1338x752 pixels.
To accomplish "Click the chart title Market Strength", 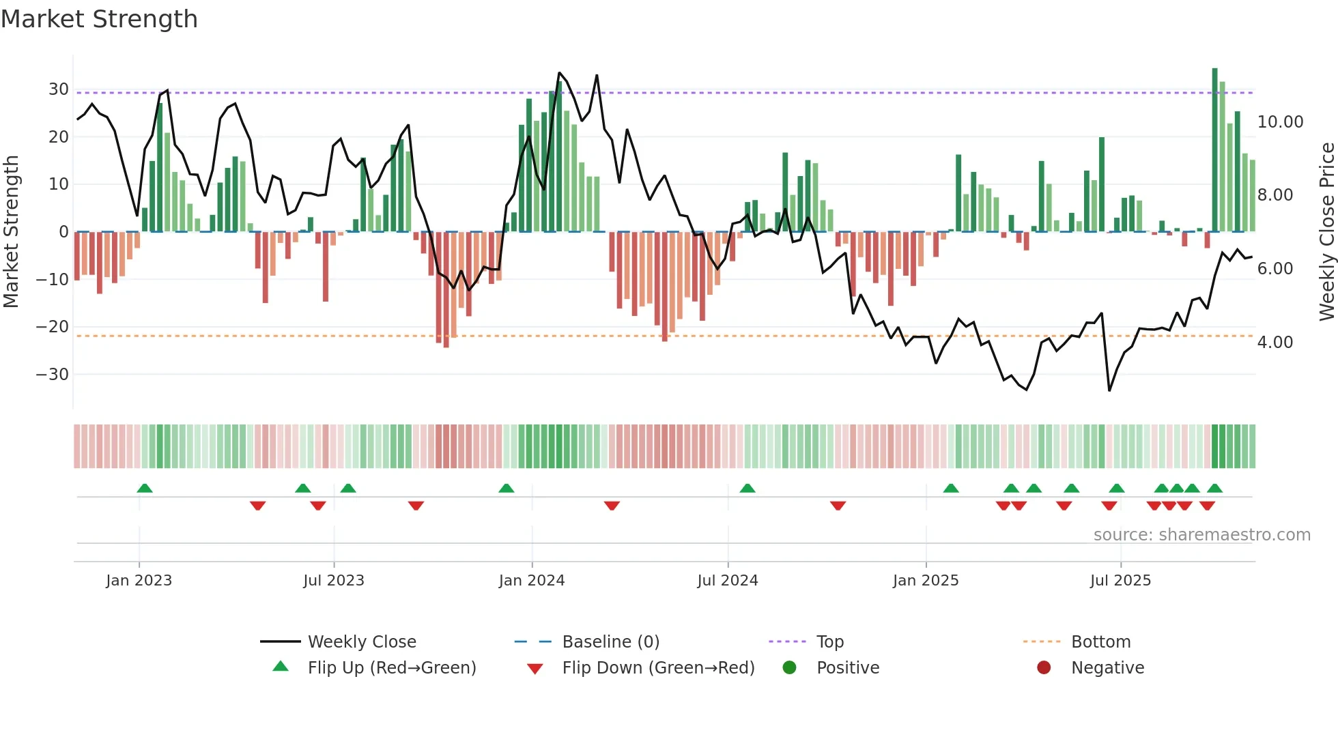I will pyautogui.click(x=99, y=19).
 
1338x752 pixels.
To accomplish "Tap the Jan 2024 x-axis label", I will pyautogui.click(x=532, y=581).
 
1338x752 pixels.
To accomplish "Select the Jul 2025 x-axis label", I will pyautogui.click(x=1120, y=581).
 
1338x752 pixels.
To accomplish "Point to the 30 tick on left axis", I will pyautogui.click(x=59, y=89).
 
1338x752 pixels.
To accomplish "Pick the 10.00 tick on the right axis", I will pyautogui.click(x=1280, y=122).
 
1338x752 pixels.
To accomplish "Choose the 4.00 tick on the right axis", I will pyautogui.click(x=1275, y=343).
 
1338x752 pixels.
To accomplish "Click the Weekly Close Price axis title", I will pyautogui.click(x=1326, y=232).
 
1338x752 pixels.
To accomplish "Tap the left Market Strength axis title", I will pyautogui.click(x=11, y=232).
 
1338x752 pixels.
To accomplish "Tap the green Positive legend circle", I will pyautogui.click(x=790, y=668).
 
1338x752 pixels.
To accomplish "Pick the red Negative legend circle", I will pyautogui.click(x=1044, y=668).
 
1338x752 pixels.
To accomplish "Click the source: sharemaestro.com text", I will pyautogui.click(x=1201, y=535).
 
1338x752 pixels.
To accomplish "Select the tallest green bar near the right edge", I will pyautogui.click(x=1214, y=150).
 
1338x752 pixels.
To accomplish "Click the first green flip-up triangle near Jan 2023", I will pyautogui.click(x=145, y=488).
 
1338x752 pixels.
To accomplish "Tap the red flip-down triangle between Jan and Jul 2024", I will pyautogui.click(x=612, y=506).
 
